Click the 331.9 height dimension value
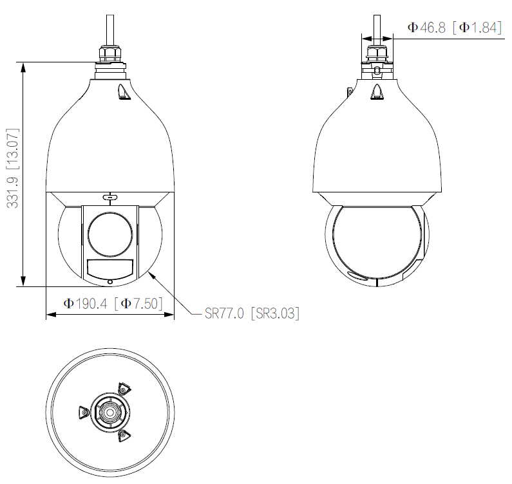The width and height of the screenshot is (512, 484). point(12,192)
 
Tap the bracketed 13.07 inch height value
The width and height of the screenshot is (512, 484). point(12,147)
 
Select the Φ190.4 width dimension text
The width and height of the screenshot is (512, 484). point(86,303)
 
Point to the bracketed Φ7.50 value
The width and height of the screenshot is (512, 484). point(138,303)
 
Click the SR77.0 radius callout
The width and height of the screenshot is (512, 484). point(224,314)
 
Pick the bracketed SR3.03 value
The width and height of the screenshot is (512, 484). point(275,314)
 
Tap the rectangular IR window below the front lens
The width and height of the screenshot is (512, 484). point(110,268)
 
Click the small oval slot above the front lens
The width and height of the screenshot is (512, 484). point(110,197)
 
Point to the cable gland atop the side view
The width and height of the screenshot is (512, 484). point(378,52)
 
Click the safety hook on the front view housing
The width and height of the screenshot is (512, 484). point(124,93)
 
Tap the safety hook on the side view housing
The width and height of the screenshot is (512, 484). point(378,93)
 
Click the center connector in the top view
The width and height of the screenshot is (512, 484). point(110,411)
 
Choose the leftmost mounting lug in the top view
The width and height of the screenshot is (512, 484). point(82,413)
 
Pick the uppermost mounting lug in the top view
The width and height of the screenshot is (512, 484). point(123,389)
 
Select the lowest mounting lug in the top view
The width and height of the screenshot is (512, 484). point(123,436)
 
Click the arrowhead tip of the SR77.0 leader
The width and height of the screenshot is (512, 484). point(149,272)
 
